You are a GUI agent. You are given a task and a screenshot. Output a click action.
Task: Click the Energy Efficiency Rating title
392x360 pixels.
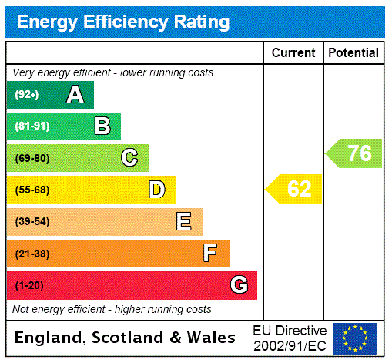click(x=123, y=22)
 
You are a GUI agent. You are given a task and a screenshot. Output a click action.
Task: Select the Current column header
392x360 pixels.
click(x=293, y=52)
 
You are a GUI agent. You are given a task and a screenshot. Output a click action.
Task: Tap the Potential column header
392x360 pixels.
click(x=353, y=52)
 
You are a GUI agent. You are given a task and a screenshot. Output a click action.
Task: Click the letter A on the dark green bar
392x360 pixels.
click(x=75, y=95)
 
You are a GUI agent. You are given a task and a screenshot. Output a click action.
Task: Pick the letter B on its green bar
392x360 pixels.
click(x=102, y=126)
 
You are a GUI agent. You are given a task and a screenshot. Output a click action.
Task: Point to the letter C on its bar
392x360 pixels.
click(x=129, y=158)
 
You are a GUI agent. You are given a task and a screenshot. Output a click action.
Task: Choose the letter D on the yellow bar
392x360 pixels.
click(x=157, y=190)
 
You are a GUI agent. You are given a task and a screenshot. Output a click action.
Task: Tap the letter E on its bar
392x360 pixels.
click(x=184, y=222)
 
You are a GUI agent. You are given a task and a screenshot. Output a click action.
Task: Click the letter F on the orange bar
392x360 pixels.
click(x=210, y=253)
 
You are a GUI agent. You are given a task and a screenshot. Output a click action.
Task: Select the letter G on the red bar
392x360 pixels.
click(x=239, y=285)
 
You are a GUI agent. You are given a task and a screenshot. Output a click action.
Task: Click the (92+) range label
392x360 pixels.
click(x=27, y=95)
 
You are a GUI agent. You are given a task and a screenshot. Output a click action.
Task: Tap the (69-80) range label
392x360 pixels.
click(x=32, y=158)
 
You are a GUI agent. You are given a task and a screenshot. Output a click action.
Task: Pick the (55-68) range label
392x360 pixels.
click(x=32, y=190)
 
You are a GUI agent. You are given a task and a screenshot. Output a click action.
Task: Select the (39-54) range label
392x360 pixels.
click(x=32, y=222)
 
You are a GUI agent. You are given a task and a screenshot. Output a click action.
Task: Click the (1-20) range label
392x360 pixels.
click(x=29, y=285)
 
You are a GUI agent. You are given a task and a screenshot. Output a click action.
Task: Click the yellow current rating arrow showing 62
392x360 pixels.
click(x=294, y=189)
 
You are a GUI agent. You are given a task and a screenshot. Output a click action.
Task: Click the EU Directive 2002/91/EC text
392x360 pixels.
click(x=290, y=338)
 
